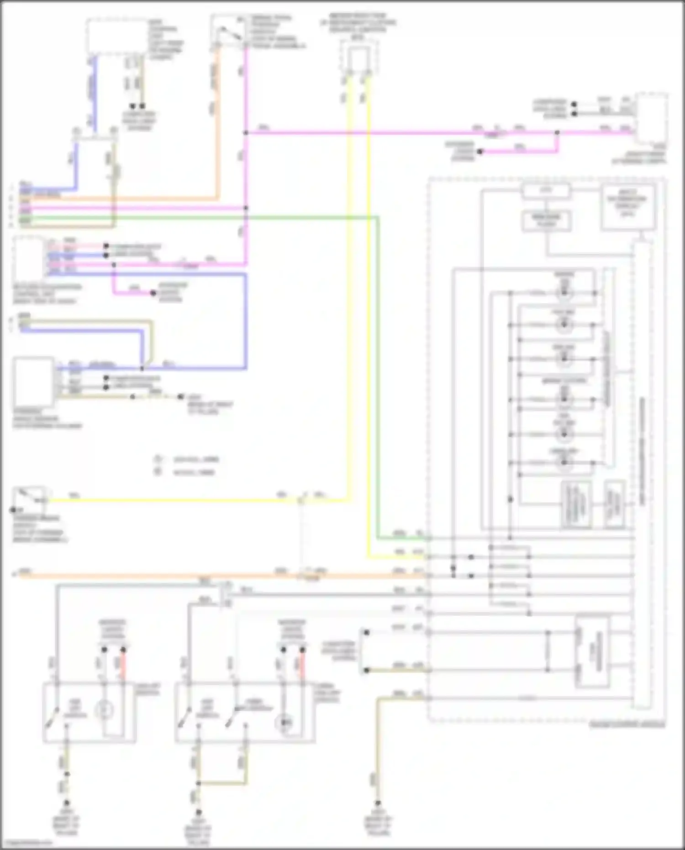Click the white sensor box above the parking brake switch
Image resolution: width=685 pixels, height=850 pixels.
point(33,382)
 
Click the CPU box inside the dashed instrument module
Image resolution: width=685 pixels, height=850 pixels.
point(546,191)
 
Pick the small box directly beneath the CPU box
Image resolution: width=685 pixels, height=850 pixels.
point(546,221)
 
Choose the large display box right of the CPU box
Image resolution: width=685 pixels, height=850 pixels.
point(627,206)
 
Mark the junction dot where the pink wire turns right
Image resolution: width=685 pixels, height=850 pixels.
point(246,133)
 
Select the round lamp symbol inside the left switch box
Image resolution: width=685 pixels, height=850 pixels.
point(104,710)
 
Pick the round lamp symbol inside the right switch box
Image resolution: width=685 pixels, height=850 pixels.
point(285,722)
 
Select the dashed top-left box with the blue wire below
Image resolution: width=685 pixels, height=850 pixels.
point(118,37)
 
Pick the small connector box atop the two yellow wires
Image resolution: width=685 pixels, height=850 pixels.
point(358,57)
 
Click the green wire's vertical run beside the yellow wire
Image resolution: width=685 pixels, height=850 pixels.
point(378,379)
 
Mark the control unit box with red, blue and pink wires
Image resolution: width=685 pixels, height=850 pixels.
point(30,258)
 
